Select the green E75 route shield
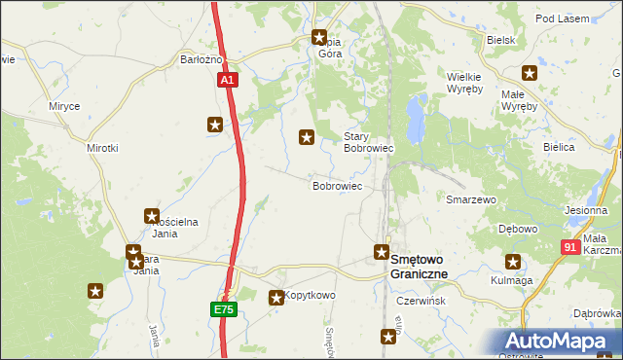pos(224,309)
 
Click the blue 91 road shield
pos(571,249)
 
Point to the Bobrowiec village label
pos(337,185)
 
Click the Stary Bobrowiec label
pos(368,143)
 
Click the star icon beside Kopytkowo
pos(276,298)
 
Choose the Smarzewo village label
pos(471,199)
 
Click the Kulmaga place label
pos(513,280)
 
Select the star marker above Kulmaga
pos(512,261)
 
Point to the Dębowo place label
pos(518,229)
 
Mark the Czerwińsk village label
pos(421,302)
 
